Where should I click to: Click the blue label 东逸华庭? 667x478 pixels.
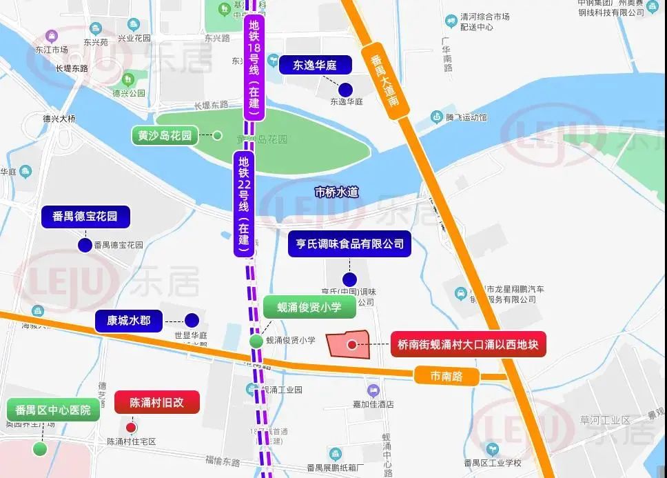coord(315,65)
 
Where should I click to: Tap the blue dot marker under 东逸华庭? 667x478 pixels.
coord(346,88)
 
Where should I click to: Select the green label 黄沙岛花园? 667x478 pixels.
coord(164,135)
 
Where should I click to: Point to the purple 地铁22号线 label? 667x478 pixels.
coord(243,204)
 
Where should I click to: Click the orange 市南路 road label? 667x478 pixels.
coord(445,377)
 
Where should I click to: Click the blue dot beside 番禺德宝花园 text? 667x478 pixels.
coord(85,245)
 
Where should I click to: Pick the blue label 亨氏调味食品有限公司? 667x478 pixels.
coord(349,244)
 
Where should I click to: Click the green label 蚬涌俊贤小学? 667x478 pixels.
coord(309,307)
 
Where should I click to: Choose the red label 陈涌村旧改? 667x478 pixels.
coord(157,402)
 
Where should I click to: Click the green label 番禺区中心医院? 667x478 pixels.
coord(53,410)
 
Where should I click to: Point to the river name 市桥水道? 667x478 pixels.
coord(336,192)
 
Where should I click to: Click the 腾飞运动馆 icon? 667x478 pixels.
coord(437,117)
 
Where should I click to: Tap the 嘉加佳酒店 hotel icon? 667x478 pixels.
coord(373,390)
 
